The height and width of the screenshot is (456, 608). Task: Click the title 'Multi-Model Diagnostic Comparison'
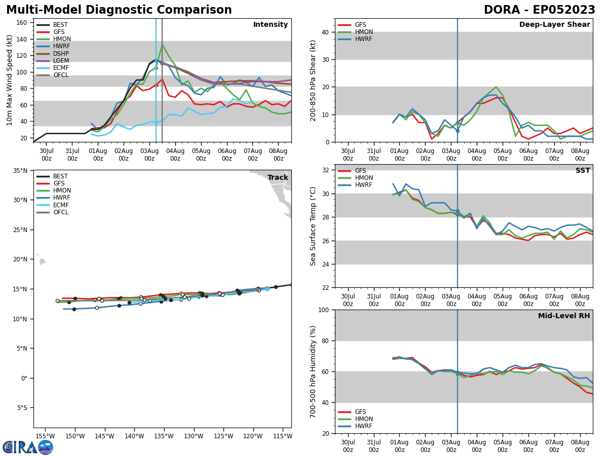[119, 10]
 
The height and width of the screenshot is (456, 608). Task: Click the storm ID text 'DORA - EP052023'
[540, 10]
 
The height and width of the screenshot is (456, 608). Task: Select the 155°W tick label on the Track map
[46, 436]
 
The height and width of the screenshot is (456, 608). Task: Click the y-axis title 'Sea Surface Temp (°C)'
[314, 226]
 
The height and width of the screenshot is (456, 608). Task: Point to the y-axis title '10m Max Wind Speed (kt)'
[10, 80]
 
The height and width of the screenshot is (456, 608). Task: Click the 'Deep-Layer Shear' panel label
[554, 25]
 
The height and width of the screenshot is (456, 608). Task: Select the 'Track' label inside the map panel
[278, 177]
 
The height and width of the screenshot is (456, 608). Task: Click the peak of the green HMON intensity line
[162, 45]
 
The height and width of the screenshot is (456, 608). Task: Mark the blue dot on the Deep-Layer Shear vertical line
[458, 130]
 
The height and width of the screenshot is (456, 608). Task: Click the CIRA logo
[28, 447]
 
